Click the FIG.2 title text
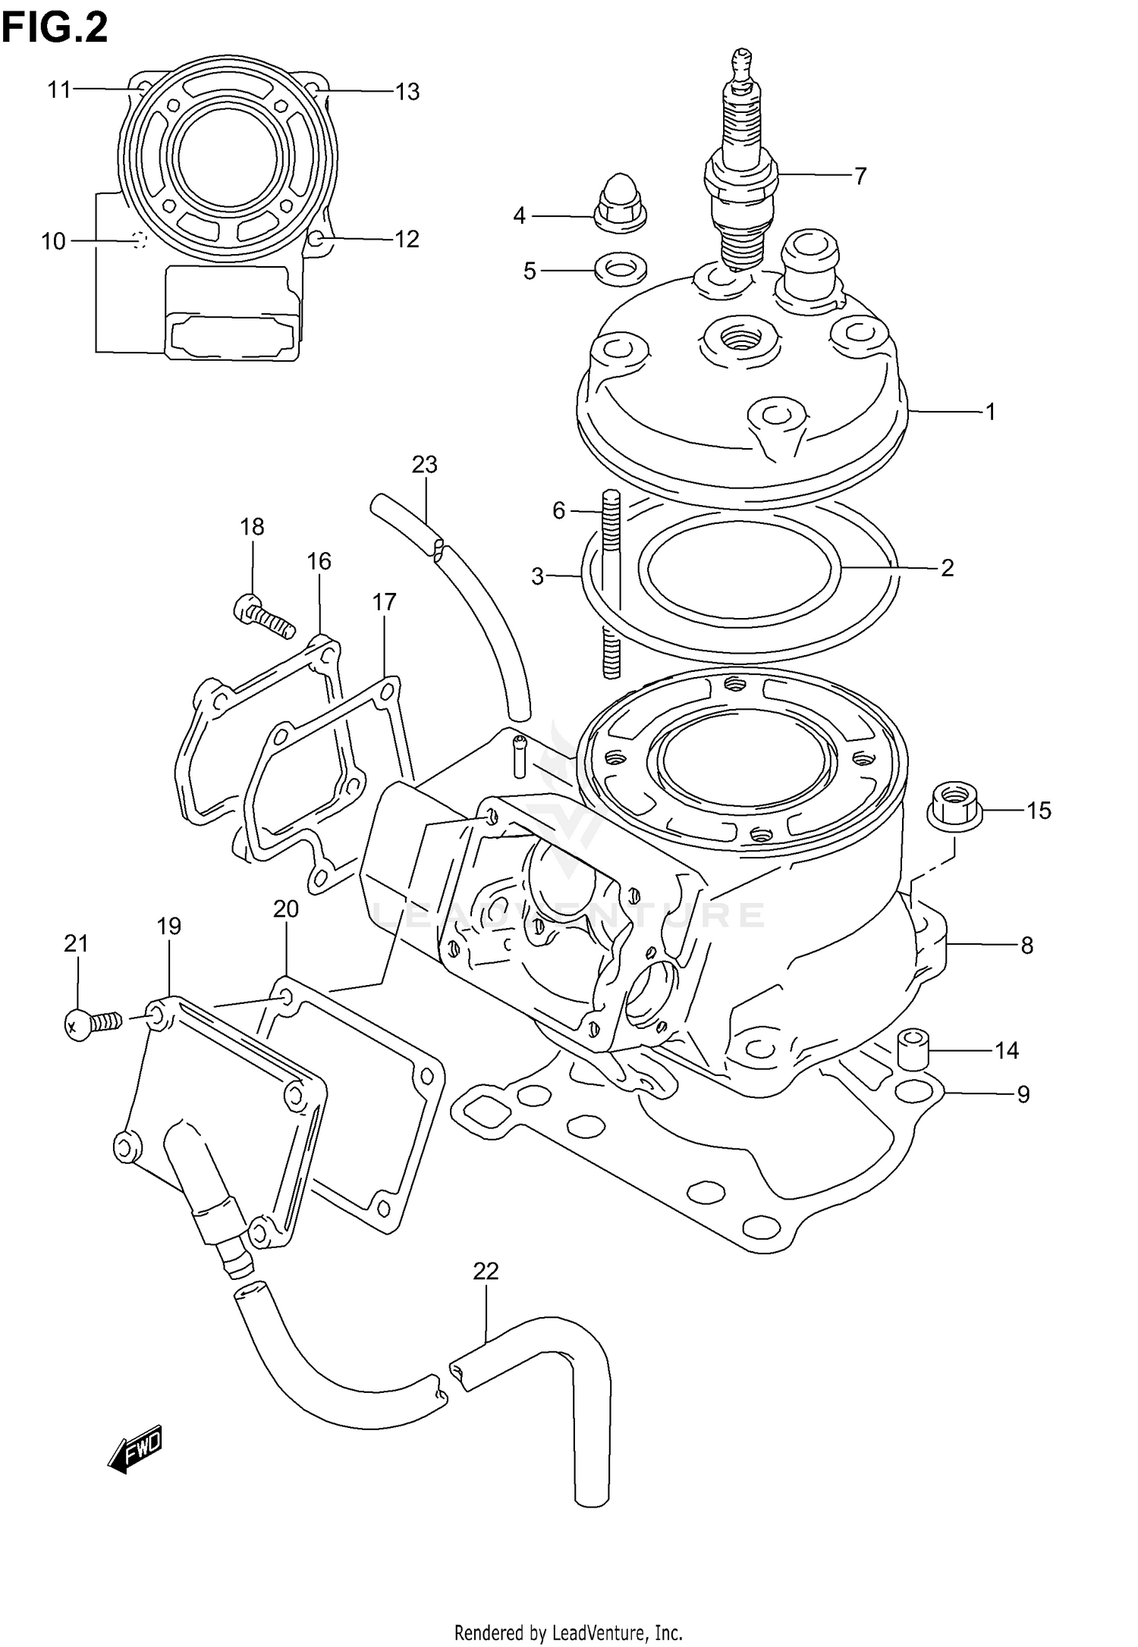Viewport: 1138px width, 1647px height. click(55, 29)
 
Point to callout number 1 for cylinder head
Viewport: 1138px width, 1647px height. click(990, 412)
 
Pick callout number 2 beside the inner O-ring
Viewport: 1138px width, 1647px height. click(947, 568)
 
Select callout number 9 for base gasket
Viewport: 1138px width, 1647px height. click(1023, 1094)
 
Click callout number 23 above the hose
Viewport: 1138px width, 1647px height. click(425, 464)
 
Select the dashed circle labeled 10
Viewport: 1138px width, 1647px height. click(138, 240)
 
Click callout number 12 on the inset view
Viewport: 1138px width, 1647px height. click(407, 240)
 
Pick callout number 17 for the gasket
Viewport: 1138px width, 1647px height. click(385, 602)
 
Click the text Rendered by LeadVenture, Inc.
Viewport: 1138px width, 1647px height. click(568, 1627)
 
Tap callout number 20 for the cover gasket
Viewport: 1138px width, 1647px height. click(286, 908)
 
